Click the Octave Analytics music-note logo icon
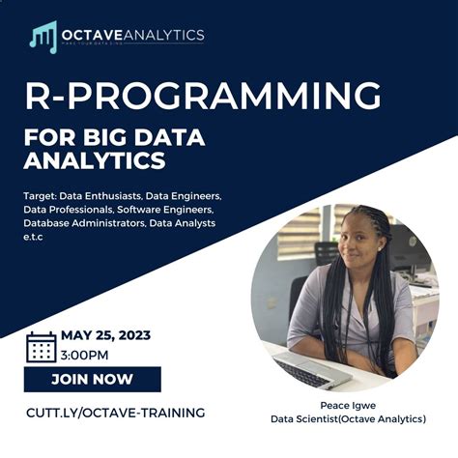coord(43,37)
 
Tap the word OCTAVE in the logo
coord(93,35)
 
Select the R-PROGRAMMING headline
coord(202,97)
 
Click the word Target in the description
coord(43,195)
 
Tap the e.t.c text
coord(34,237)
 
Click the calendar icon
coord(41,346)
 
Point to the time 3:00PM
coord(85,355)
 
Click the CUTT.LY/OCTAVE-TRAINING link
coord(115,413)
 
